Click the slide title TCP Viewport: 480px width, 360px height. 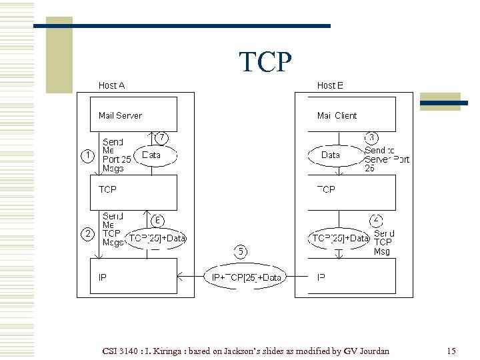(x=265, y=62)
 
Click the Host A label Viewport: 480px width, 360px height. (x=111, y=85)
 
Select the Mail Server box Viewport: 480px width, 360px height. (x=133, y=115)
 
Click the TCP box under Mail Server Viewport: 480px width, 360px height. (x=133, y=192)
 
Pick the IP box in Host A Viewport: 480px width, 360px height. (x=133, y=277)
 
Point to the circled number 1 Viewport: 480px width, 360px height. (x=87, y=155)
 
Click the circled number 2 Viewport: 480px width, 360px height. (x=87, y=234)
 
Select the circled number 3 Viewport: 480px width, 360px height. (x=373, y=137)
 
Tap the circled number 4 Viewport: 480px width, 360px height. (x=377, y=220)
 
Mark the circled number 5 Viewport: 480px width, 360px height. (x=241, y=251)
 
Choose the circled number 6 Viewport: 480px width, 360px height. (x=158, y=220)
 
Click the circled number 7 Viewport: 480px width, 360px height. (x=161, y=137)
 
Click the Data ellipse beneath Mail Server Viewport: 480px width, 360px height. (x=156, y=155)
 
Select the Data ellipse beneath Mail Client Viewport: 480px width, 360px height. (x=330, y=155)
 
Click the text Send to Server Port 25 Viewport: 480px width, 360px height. (x=387, y=159)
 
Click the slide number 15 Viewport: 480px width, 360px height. (x=451, y=351)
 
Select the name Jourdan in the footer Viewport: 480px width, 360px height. (x=375, y=351)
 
